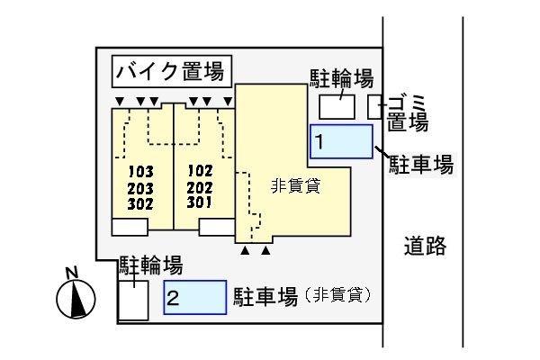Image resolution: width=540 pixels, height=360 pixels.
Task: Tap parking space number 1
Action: pos(341,142)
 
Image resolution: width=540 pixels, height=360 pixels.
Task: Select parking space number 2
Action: pos(194,297)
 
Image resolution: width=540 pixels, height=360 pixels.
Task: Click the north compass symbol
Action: pos(76,295)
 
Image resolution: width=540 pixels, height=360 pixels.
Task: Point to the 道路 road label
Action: pos(424,245)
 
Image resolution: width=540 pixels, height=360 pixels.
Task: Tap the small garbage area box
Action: pos(374,106)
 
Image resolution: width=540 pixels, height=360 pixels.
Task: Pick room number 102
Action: pos(201,170)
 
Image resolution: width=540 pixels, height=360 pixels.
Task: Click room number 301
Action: pos(201,202)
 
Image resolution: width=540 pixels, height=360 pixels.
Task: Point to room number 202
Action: pos(201,186)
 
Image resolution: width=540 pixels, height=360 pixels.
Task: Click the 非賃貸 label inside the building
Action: pos(296,187)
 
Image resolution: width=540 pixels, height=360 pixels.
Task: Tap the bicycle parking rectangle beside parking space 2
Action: pos(133,299)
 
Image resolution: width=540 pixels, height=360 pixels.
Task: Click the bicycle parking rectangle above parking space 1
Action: pos(337,106)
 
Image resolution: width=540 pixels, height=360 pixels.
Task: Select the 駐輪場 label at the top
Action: pos(342,78)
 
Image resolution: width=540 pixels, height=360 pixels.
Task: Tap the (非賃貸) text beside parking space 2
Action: pos(338,295)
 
